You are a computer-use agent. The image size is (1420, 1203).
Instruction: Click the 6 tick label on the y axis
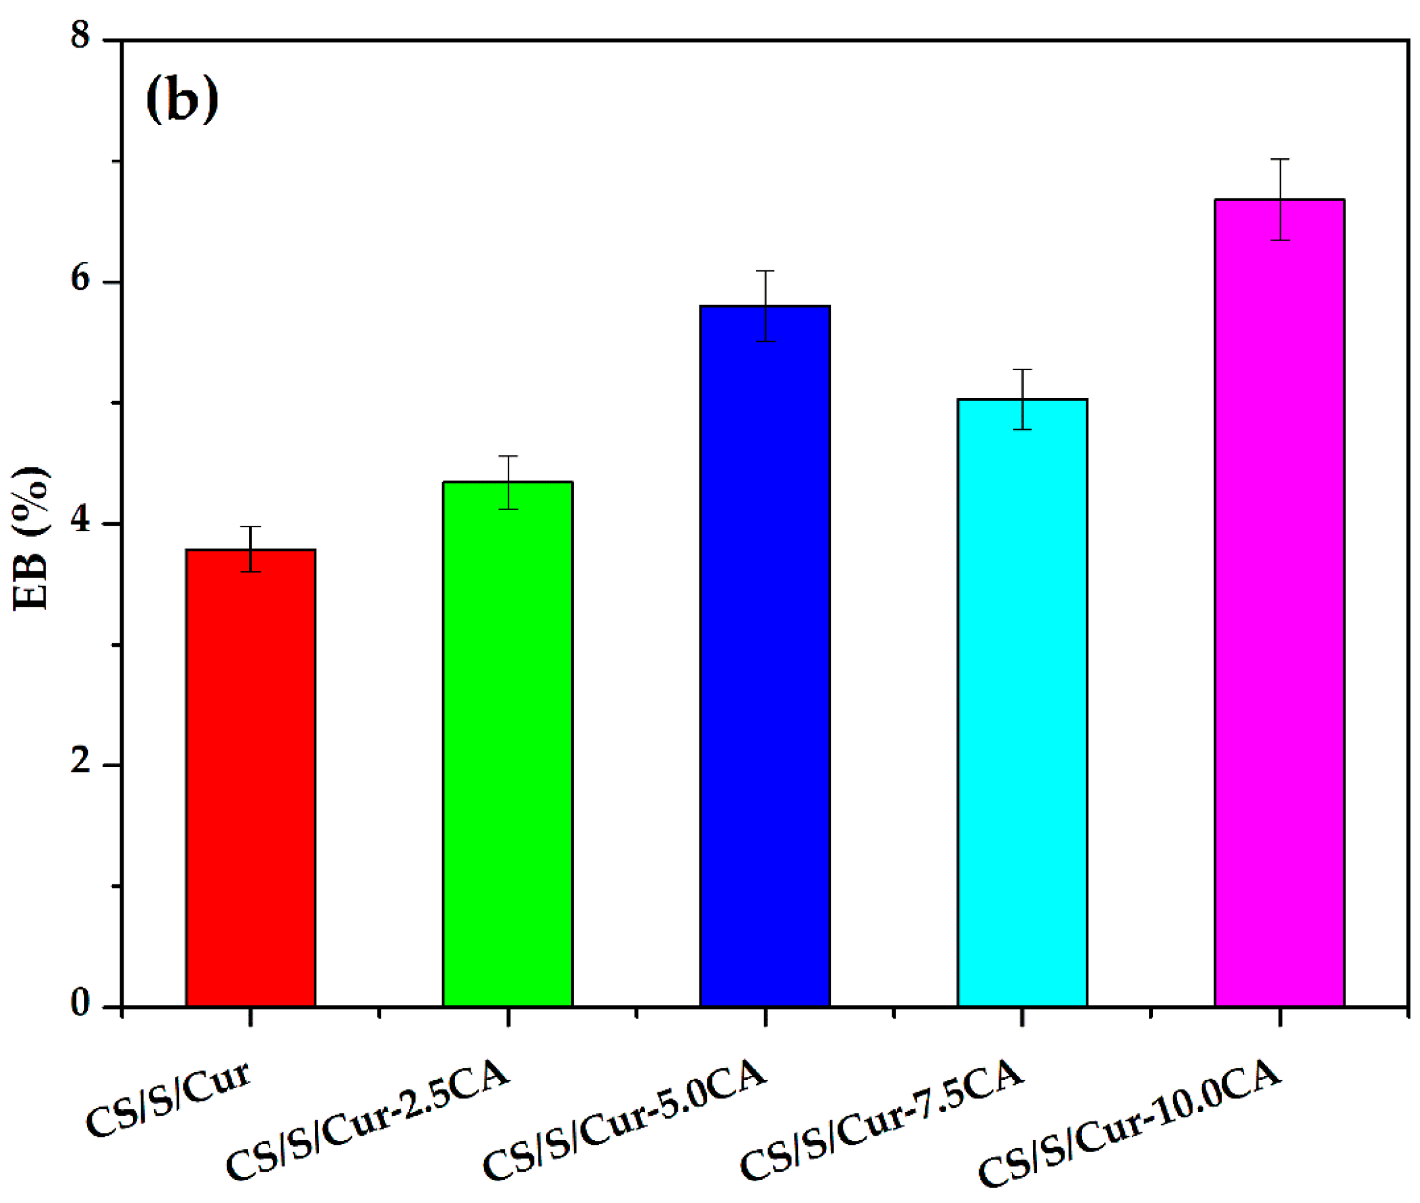80,278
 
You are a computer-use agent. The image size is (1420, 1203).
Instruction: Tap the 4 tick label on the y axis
80,520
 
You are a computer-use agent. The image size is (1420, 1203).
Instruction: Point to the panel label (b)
182,100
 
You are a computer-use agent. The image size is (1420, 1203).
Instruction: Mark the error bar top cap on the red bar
250,526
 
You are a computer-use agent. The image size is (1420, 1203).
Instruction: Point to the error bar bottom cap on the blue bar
765,341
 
